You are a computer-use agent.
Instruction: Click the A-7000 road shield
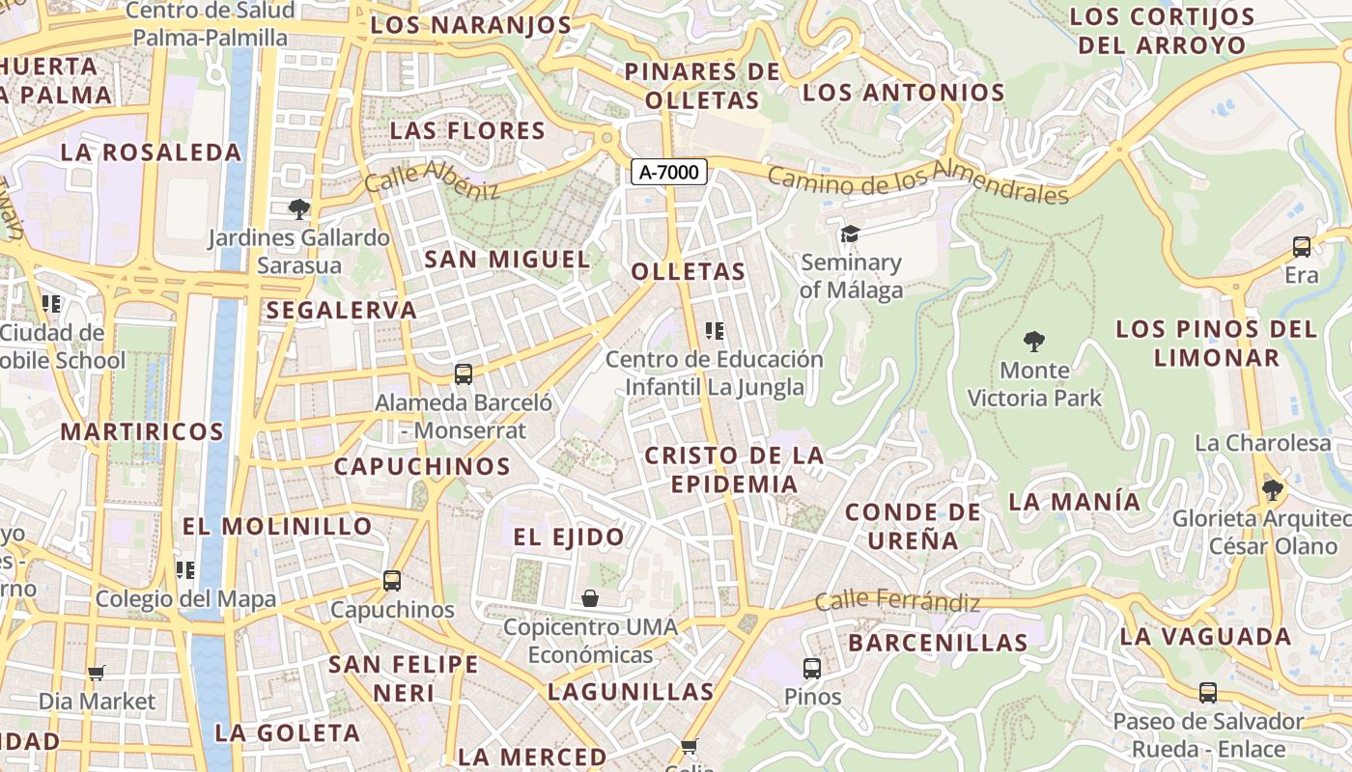click(669, 172)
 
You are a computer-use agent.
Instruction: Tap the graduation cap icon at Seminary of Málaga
click(850, 234)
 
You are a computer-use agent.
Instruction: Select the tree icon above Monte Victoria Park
click(1034, 342)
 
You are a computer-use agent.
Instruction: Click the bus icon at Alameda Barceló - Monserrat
click(464, 373)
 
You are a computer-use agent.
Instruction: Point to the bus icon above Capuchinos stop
click(391, 580)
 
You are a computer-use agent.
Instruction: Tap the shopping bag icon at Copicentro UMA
click(590, 598)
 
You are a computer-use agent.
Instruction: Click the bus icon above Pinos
click(812, 668)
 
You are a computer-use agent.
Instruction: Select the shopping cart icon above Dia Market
click(96, 673)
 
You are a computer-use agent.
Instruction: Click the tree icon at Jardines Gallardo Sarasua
click(299, 208)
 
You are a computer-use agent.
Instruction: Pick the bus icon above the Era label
click(1301, 246)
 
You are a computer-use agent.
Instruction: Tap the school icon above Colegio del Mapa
click(185, 569)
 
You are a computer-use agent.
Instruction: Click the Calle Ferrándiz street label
click(897, 602)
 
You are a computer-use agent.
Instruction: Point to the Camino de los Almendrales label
click(918, 184)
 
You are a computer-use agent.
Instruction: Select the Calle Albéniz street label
click(432, 179)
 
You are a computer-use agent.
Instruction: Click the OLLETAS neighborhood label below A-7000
click(689, 272)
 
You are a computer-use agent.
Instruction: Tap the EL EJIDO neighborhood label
click(569, 538)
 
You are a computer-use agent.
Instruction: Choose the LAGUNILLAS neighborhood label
click(631, 692)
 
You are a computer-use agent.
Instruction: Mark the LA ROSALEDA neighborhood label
click(151, 152)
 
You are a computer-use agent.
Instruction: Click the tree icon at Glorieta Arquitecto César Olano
click(1273, 490)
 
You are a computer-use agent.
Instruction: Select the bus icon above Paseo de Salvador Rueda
click(1208, 692)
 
